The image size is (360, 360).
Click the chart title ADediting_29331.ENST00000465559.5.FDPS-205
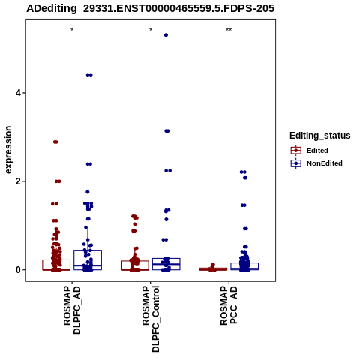[150, 8]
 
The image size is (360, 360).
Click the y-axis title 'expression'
[8, 150]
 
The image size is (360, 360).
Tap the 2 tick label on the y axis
[18, 181]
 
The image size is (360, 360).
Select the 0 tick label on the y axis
[18, 270]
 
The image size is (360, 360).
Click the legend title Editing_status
[320, 136]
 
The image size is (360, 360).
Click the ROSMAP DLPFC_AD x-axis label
[72, 310]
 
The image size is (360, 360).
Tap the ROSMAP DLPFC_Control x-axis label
[151, 319]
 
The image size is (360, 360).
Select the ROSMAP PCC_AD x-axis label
[229, 305]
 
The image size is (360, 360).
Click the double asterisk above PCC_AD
[229, 30]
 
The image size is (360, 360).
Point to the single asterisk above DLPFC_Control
[151, 30]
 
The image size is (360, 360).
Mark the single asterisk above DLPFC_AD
[72, 30]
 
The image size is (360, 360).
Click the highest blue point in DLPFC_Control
[166, 35]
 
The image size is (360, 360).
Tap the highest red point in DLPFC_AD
[55, 142]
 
